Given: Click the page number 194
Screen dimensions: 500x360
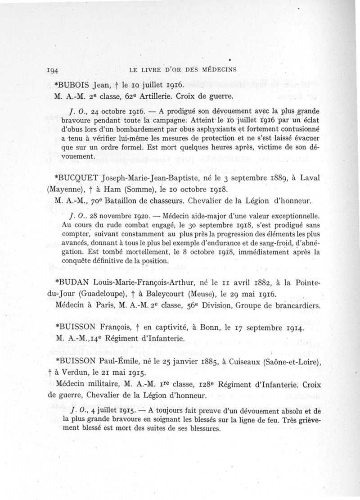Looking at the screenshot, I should pos(54,70).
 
